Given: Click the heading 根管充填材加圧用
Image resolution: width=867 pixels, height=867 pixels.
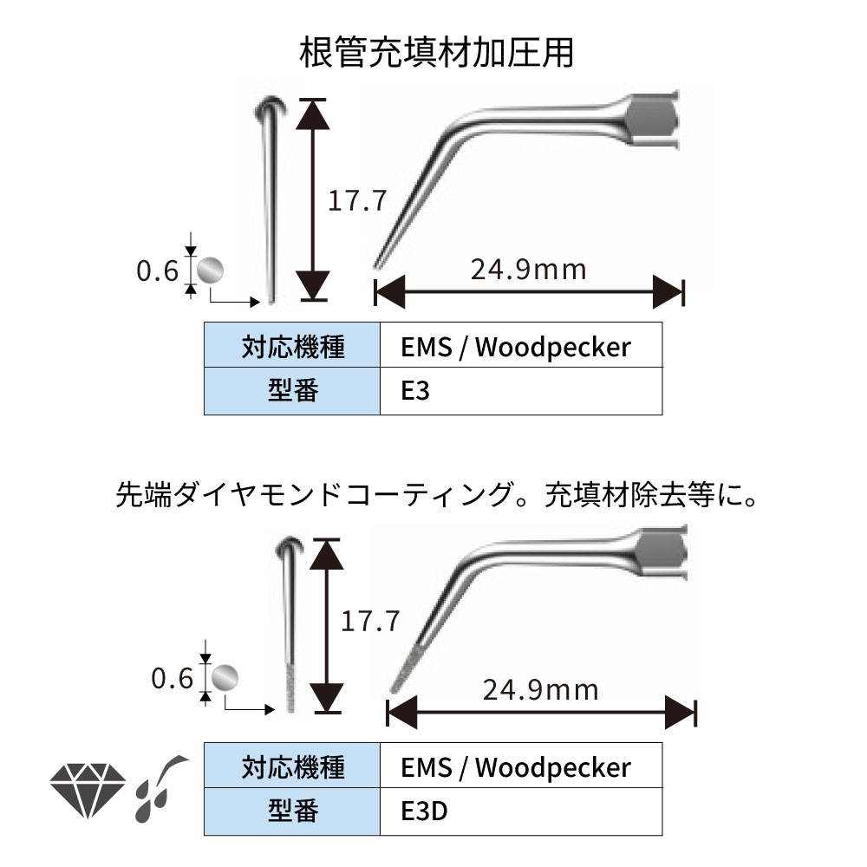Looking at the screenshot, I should pyautogui.click(x=436, y=52).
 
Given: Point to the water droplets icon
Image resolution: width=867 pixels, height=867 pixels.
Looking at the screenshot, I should pyautogui.click(x=160, y=787).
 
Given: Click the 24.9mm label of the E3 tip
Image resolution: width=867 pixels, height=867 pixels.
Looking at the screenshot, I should pyautogui.click(x=528, y=269).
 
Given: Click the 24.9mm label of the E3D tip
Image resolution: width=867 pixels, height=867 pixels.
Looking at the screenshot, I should pyautogui.click(x=540, y=689).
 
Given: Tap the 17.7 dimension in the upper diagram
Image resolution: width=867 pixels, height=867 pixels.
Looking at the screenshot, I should pyautogui.click(x=356, y=201).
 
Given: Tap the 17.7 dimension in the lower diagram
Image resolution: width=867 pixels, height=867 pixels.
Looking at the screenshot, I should pyautogui.click(x=369, y=621).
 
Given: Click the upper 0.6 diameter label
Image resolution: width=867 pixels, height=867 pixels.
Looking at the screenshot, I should pyautogui.click(x=157, y=271).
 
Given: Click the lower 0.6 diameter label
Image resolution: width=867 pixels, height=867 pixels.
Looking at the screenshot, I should pyautogui.click(x=172, y=678).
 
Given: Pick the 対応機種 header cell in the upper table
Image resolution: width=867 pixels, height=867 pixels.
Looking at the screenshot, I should pyautogui.click(x=292, y=347).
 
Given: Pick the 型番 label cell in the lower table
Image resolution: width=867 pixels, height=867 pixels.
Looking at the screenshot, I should pyautogui.click(x=292, y=811).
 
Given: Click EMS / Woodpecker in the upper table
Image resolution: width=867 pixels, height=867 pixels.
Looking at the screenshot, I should pyautogui.click(x=516, y=347).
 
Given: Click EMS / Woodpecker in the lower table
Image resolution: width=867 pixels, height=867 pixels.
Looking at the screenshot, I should pyautogui.click(x=516, y=766).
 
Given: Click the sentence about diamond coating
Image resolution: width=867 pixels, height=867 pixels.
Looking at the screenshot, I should pyautogui.click(x=436, y=496).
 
